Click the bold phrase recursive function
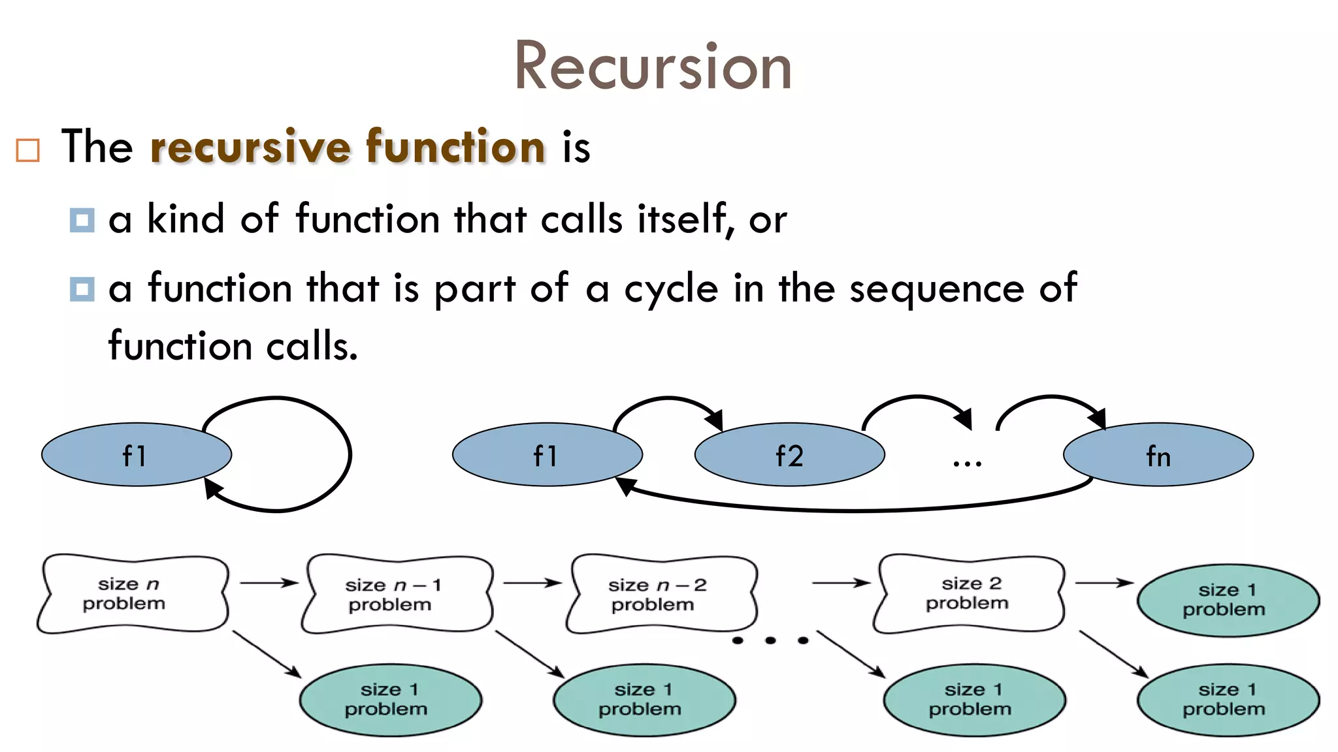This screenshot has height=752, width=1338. [x=348, y=146]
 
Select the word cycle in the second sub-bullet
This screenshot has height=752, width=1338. [x=671, y=289]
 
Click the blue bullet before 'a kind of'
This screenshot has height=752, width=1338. [x=82, y=220]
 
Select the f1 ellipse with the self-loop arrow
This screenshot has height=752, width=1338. [x=136, y=455]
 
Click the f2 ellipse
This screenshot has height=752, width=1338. [x=789, y=455]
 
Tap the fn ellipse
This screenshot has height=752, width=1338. [x=1158, y=455]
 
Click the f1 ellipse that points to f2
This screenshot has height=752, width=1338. [x=547, y=455]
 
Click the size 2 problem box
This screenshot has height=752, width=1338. [x=968, y=593]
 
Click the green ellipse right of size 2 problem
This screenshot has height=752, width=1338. [x=1227, y=600]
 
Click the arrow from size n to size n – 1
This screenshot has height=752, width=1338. [x=269, y=583]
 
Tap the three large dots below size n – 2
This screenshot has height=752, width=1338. [x=770, y=640]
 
